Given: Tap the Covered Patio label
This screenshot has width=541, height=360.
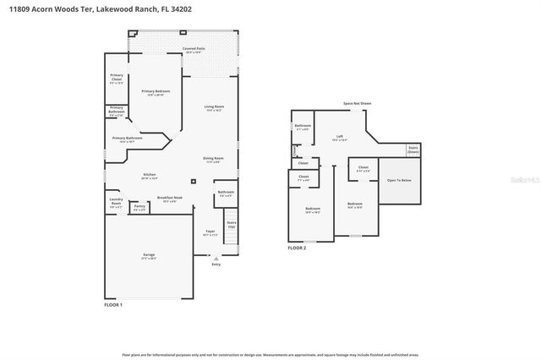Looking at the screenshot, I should pos(194,51).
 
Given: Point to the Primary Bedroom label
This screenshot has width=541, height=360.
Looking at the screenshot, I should pos(154,93).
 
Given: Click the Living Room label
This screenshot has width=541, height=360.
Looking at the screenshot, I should pos(214,108).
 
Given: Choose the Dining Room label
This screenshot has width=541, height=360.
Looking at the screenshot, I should pos(213,160).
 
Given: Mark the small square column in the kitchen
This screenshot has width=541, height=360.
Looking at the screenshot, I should pos(194,180).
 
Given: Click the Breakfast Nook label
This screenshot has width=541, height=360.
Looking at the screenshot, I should pos(167,199).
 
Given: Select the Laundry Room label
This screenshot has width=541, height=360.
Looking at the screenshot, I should pos(116,203).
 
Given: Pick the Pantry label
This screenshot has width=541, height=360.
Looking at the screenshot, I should pos(139,207).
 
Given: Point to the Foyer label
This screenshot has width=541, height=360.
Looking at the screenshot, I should pos(210,232).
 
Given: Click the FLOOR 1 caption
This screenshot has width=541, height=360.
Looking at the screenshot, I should pos(113,304).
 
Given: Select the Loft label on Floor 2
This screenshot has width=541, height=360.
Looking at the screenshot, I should pos(339,136).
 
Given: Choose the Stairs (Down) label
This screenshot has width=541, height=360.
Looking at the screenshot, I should pos(413,149).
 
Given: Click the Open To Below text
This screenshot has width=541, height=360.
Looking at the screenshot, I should pos(399,180).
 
